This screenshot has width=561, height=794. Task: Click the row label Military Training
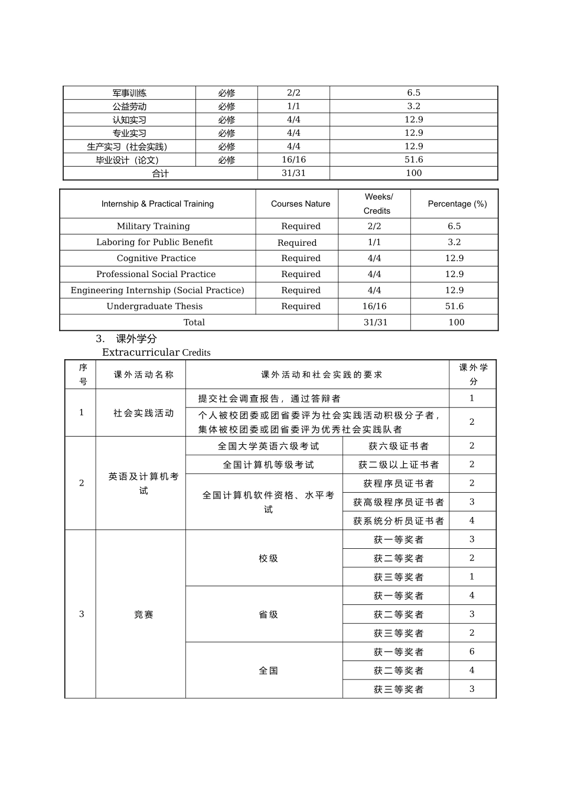154,226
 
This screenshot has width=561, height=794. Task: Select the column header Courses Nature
301,204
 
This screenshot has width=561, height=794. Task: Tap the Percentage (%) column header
457,204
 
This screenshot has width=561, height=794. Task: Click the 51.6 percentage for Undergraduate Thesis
454,306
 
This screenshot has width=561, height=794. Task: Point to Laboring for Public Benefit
155,242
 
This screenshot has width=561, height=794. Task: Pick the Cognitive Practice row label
156,258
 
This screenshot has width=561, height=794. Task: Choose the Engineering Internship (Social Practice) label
157,290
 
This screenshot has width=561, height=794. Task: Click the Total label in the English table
194,322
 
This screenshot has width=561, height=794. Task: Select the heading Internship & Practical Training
158,204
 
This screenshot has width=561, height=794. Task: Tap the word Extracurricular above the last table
141,352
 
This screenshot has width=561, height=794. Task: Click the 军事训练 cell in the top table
129,93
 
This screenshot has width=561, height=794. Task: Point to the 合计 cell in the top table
160,173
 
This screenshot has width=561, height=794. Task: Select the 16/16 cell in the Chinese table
293,160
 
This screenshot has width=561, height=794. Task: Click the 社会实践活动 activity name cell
143,413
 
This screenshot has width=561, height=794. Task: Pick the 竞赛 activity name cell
143,614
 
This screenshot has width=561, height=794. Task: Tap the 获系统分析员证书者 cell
399,520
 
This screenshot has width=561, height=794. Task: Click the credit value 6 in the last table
472,652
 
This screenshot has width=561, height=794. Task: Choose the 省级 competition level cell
268,614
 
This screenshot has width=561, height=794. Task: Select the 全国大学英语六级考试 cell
268,446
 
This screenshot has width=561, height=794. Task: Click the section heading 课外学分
136,339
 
